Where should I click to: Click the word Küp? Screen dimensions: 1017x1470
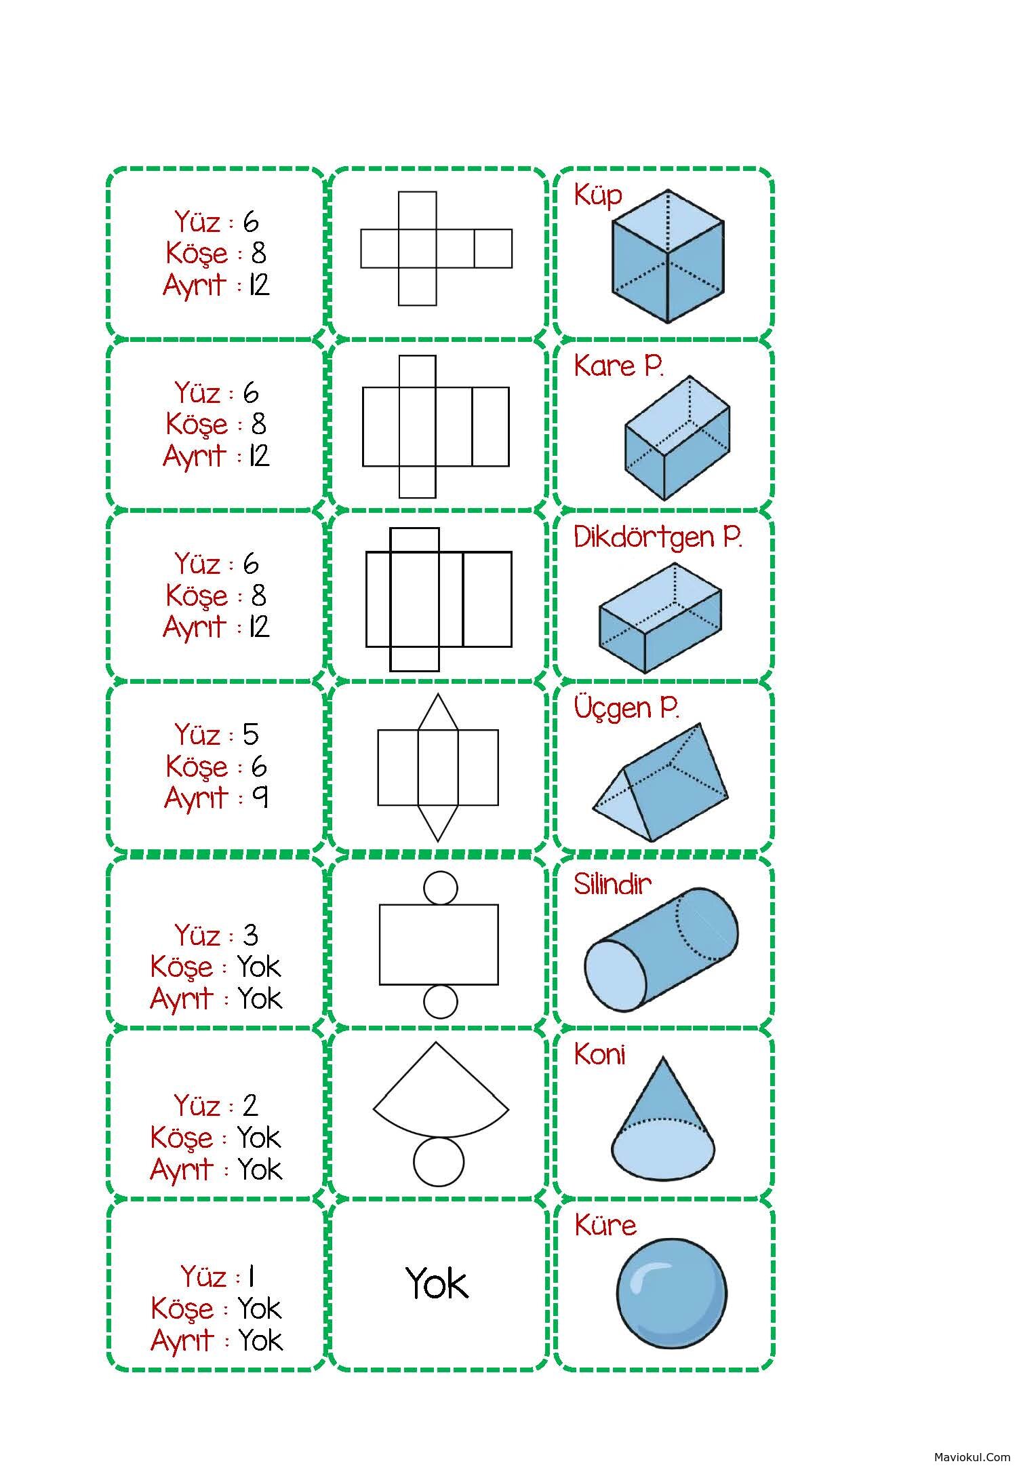click(597, 196)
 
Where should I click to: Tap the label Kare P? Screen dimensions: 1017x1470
click(618, 366)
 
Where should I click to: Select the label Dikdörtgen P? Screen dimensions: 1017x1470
click(658, 538)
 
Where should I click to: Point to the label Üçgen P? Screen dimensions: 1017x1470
click(626, 709)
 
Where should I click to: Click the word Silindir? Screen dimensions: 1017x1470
click(612, 884)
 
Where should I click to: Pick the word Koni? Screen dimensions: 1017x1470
click(599, 1055)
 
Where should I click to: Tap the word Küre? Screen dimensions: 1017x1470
click(605, 1225)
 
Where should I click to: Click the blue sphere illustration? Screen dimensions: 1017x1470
click(671, 1293)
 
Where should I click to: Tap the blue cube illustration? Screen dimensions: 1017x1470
click(668, 256)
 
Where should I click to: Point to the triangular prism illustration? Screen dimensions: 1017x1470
click(660, 782)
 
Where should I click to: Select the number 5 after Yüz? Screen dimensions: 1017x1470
click(251, 735)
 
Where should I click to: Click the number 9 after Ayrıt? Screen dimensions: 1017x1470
click(260, 797)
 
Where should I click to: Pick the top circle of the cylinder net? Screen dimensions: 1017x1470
click(440, 888)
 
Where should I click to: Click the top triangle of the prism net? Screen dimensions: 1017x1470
click(438, 712)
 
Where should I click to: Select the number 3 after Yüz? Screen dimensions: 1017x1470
click(250, 935)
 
